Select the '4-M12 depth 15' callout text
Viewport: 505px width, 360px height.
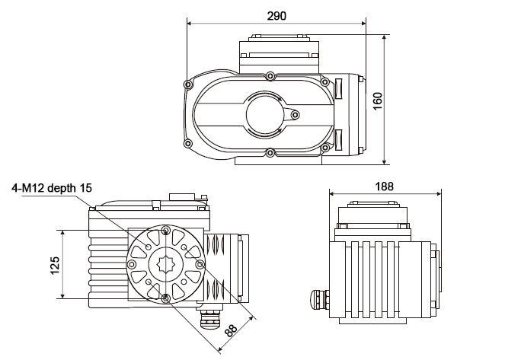pos(52,188)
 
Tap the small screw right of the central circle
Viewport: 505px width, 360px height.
pos(296,115)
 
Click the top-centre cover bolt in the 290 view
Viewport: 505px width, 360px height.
pos(270,75)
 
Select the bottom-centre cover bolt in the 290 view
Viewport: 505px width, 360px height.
pos(270,152)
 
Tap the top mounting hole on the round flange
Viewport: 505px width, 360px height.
pos(165,230)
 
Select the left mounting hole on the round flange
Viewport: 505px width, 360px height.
pos(132,264)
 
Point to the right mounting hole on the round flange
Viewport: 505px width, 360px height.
pos(200,264)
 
